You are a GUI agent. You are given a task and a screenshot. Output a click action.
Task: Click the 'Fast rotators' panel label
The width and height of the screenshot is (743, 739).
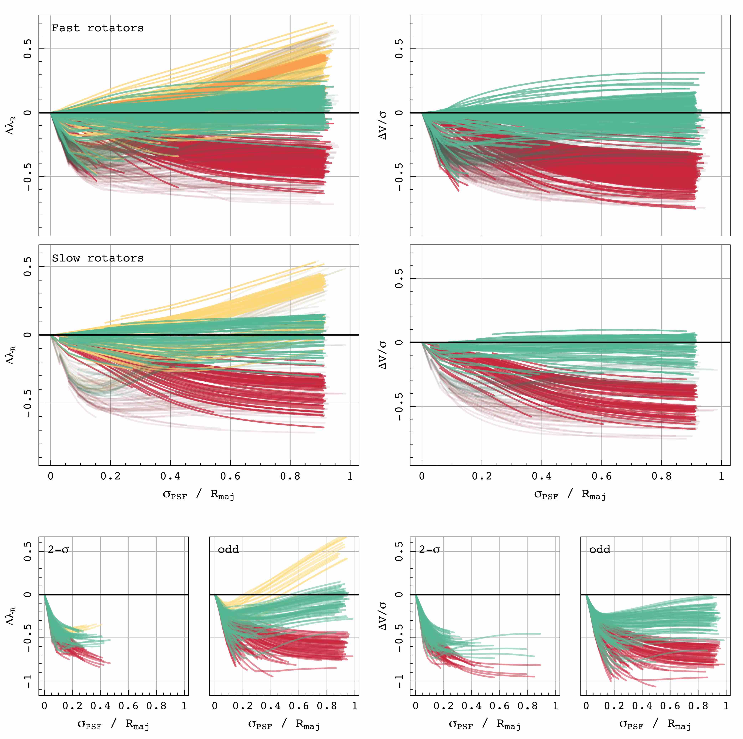(x=98, y=28)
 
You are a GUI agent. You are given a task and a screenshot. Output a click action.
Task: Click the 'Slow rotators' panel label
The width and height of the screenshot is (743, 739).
(x=98, y=258)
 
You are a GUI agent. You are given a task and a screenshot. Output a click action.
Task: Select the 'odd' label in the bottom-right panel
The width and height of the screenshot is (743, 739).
(x=600, y=549)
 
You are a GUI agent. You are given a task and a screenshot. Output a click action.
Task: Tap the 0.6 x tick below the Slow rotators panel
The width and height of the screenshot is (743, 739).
(x=230, y=476)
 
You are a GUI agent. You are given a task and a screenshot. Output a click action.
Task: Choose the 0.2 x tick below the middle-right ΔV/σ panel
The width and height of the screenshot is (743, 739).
(x=482, y=476)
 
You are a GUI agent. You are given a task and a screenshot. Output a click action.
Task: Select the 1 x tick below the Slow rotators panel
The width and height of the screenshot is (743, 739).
(x=350, y=476)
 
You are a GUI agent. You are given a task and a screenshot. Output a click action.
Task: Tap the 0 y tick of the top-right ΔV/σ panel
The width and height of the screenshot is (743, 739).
(x=399, y=113)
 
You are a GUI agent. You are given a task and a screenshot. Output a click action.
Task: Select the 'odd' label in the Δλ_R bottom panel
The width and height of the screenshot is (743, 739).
(x=228, y=549)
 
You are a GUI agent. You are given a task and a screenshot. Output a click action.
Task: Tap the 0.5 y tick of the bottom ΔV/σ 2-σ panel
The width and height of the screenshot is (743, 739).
(x=399, y=551)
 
